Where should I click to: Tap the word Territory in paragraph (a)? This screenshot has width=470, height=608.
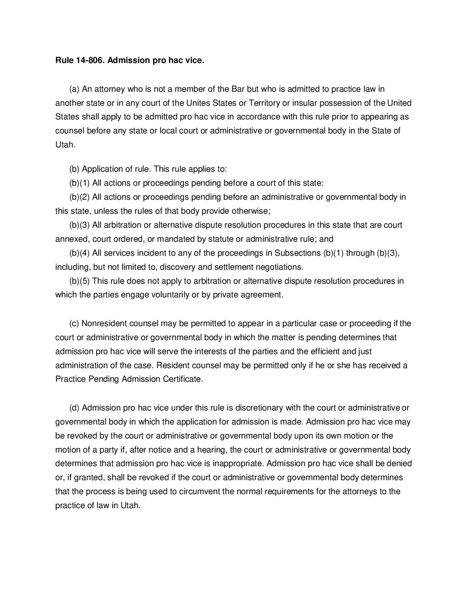[x=264, y=103]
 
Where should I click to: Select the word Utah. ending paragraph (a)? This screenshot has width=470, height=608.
[x=65, y=145]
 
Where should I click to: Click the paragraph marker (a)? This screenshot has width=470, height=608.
[x=75, y=89]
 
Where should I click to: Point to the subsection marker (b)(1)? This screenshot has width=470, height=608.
[x=80, y=183]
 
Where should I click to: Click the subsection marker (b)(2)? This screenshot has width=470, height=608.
[x=80, y=197]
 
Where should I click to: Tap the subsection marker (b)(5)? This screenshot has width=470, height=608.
[x=80, y=281]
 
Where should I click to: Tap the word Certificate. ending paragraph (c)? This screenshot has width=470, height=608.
[x=182, y=379]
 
